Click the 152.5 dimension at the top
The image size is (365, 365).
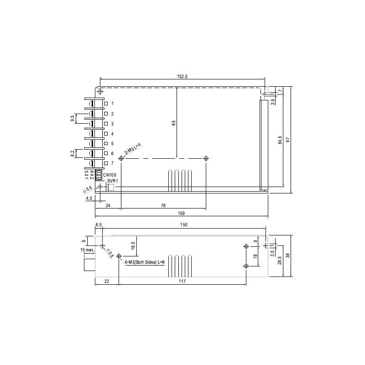(x=182, y=76)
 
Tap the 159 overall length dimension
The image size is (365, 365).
(x=181, y=213)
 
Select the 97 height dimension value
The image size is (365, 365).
(x=288, y=140)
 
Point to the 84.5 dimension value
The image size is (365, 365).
(x=280, y=140)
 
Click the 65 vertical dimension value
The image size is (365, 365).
(x=173, y=123)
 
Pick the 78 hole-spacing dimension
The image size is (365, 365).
(x=163, y=206)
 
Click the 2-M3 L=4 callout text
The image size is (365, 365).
(x=133, y=149)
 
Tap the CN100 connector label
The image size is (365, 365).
(x=109, y=175)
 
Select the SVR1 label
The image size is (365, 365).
(x=113, y=181)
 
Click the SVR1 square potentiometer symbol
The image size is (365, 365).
(x=110, y=187)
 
